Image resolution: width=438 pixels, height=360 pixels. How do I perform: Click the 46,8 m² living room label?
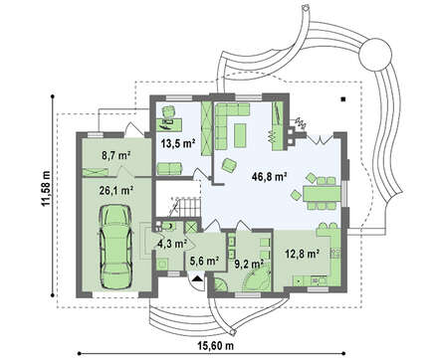(x=269, y=177)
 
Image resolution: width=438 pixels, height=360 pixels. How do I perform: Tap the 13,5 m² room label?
(x=178, y=143)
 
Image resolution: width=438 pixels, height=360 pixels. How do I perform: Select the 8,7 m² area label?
(x=114, y=155)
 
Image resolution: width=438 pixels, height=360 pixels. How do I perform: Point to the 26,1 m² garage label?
(x=116, y=190)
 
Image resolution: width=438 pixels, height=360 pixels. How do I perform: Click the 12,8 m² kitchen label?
(x=303, y=254)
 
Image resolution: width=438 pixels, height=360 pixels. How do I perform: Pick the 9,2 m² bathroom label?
(x=249, y=264)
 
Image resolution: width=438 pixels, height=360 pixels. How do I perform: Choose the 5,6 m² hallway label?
(x=204, y=261)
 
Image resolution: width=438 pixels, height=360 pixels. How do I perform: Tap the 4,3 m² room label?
(x=172, y=245)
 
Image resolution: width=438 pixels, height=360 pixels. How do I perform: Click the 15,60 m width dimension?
(x=216, y=346)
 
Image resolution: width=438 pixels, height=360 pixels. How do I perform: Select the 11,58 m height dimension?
(x=46, y=188)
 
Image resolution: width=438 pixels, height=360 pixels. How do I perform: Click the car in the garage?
(x=115, y=247)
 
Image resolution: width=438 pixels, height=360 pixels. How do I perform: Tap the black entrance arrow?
(x=198, y=278)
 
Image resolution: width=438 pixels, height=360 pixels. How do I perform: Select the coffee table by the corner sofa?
(x=240, y=135)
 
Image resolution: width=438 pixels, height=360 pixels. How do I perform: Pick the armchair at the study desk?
(x=169, y=111)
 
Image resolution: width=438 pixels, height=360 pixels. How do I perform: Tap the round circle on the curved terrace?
(x=375, y=54)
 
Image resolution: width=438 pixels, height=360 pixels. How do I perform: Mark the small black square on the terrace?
(x=344, y=98)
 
